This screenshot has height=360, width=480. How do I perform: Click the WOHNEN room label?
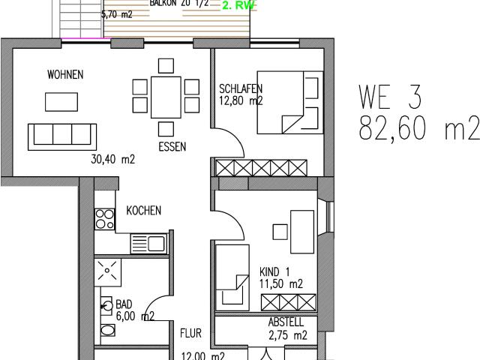click(x=64, y=75)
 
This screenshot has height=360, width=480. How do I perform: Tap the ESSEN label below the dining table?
click(x=172, y=147)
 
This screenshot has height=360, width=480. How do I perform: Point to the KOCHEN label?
click(x=143, y=211)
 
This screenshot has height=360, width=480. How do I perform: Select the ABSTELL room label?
click(x=287, y=322)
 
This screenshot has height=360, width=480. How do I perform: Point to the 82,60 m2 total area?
click(x=418, y=129)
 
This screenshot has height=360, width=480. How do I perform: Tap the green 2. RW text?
click(x=238, y=5)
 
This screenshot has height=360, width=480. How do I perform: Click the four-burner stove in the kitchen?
click(x=104, y=219)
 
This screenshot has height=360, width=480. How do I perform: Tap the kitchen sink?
click(x=148, y=242)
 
